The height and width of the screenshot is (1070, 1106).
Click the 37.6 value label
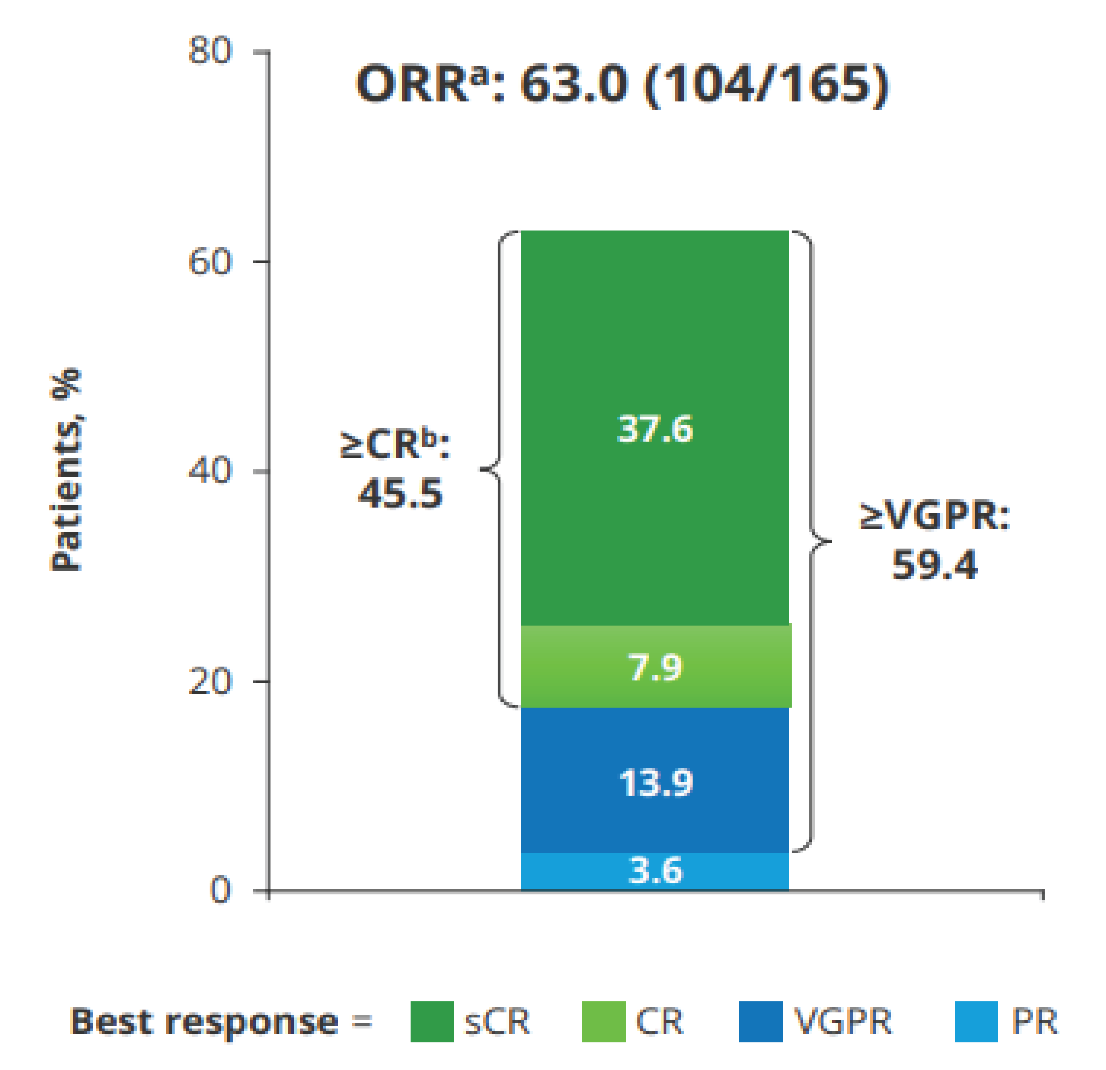tap(654, 429)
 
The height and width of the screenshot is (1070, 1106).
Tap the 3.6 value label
tap(654, 871)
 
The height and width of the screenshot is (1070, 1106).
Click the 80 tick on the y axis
tap(209, 51)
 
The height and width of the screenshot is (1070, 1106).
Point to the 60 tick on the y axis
tap(209, 261)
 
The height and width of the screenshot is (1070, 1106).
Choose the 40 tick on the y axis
tap(209, 470)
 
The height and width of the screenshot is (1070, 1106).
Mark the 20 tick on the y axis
tap(209, 681)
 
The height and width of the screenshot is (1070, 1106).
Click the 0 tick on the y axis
tap(220, 891)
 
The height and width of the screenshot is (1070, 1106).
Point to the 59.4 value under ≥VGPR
tap(935, 565)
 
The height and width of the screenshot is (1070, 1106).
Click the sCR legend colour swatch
tap(432, 1022)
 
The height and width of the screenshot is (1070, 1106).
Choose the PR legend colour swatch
tap(976, 1022)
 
